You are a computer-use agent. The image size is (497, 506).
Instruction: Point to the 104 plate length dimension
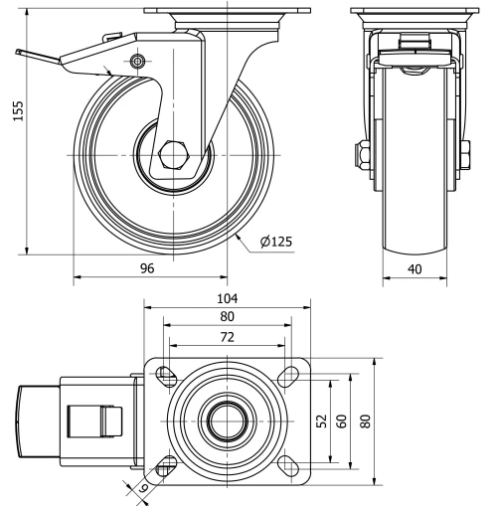tap(228, 297)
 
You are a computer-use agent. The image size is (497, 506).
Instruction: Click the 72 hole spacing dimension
tap(228, 337)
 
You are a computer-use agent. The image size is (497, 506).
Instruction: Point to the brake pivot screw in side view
tap(137, 64)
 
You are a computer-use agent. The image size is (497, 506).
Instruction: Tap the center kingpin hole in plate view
tap(228, 421)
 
